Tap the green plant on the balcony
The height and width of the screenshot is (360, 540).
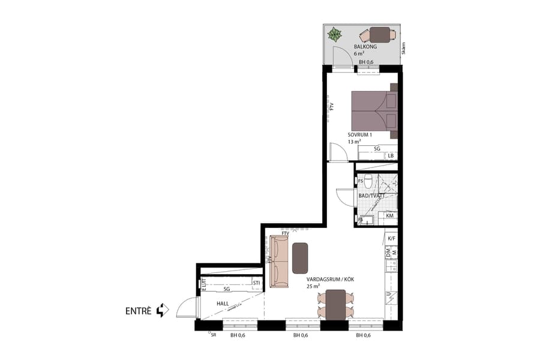335,34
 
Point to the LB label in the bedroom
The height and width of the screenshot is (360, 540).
391,156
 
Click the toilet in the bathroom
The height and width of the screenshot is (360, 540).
377,181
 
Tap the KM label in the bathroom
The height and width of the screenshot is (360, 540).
390,215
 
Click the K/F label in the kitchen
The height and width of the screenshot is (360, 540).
391,239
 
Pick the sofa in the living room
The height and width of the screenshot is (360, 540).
279,260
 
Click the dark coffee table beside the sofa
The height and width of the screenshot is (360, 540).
300,257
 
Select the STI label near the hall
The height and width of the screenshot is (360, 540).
256,283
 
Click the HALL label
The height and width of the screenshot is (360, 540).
223,304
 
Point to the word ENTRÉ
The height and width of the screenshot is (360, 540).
138,311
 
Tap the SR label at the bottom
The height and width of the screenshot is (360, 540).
213,335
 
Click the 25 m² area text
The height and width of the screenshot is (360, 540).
313,287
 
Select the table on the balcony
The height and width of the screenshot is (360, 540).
379,34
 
